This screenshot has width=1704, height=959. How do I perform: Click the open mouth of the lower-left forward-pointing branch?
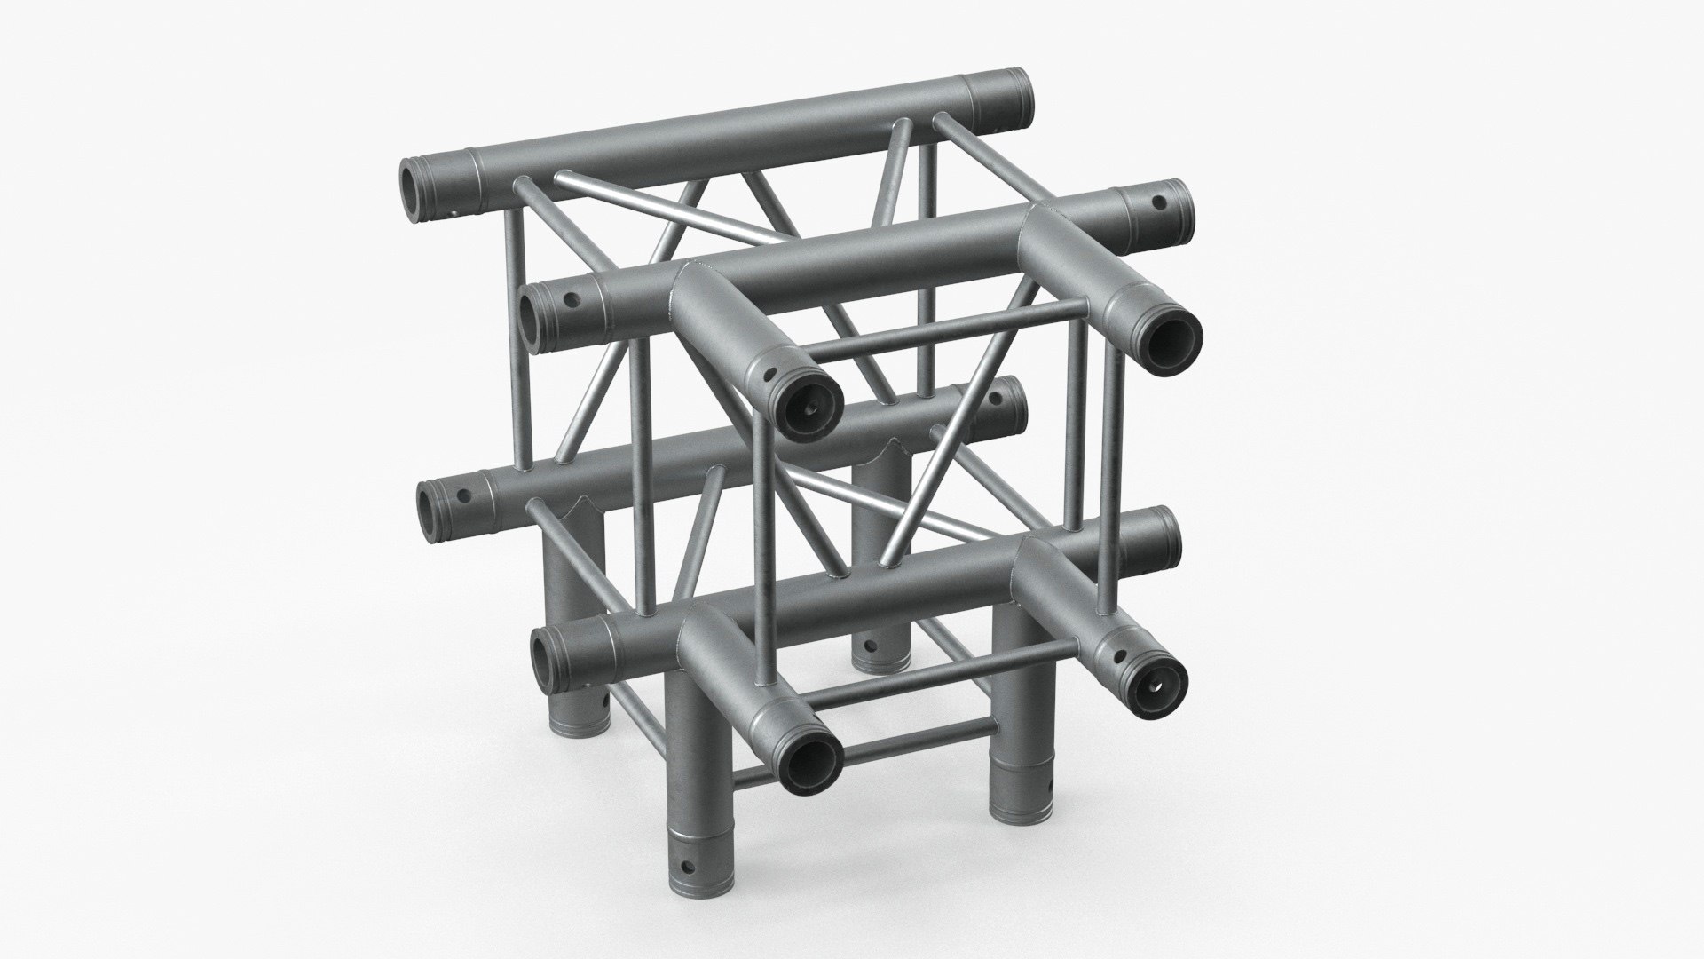click(812, 760)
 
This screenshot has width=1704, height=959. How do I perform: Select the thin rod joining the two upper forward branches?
click(950, 329)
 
